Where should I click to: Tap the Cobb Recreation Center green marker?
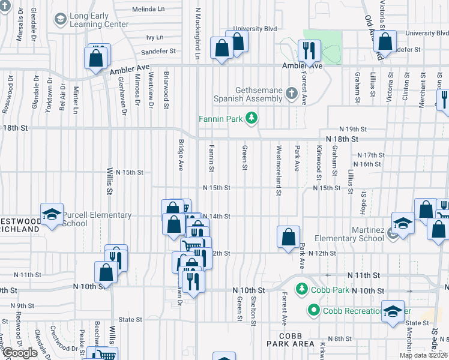pyautogui.click(x=313, y=310)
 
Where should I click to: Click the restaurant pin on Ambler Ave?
pyautogui.click(x=310, y=50)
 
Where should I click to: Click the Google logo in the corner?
pyautogui.click(x=20, y=353)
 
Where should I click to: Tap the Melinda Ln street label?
pyautogui.click(x=148, y=10)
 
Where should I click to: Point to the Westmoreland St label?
pyautogui.click(x=279, y=170)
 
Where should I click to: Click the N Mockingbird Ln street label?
pyautogui.click(x=197, y=30)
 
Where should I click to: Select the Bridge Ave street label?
pyautogui.click(x=181, y=155)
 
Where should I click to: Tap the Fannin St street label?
pyautogui.click(x=211, y=157)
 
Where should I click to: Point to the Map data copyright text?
pyautogui.click(x=423, y=355)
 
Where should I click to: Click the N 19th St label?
pyautogui.click(x=352, y=129)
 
